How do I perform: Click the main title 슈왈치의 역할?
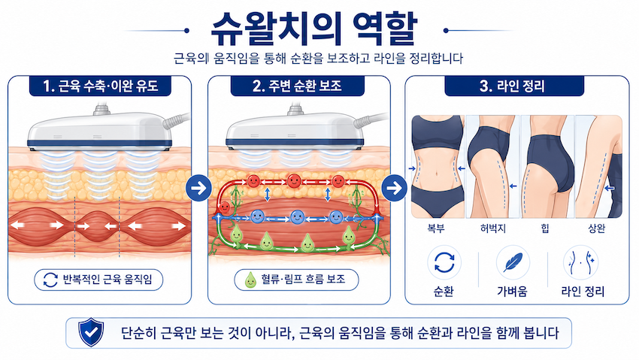click(313, 29)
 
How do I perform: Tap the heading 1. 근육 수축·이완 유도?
click(100, 86)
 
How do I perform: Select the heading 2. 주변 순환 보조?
click(297, 86)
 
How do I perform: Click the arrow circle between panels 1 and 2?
click(199, 188)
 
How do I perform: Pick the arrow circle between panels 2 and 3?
click(394, 188)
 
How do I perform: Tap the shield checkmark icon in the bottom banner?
click(91, 332)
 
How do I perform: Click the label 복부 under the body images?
click(436, 228)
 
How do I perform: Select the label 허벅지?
click(493, 228)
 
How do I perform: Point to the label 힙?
click(545, 228)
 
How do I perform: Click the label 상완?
click(597, 228)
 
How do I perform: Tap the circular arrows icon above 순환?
click(444, 262)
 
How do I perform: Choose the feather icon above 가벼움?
click(513, 262)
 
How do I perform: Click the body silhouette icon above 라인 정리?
click(580, 262)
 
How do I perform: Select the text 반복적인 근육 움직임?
click(108, 280)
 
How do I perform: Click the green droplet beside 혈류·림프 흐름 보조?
click(250, 280)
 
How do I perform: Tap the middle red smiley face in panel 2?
click(294, 180)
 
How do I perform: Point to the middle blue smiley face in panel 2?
click(297, 216)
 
